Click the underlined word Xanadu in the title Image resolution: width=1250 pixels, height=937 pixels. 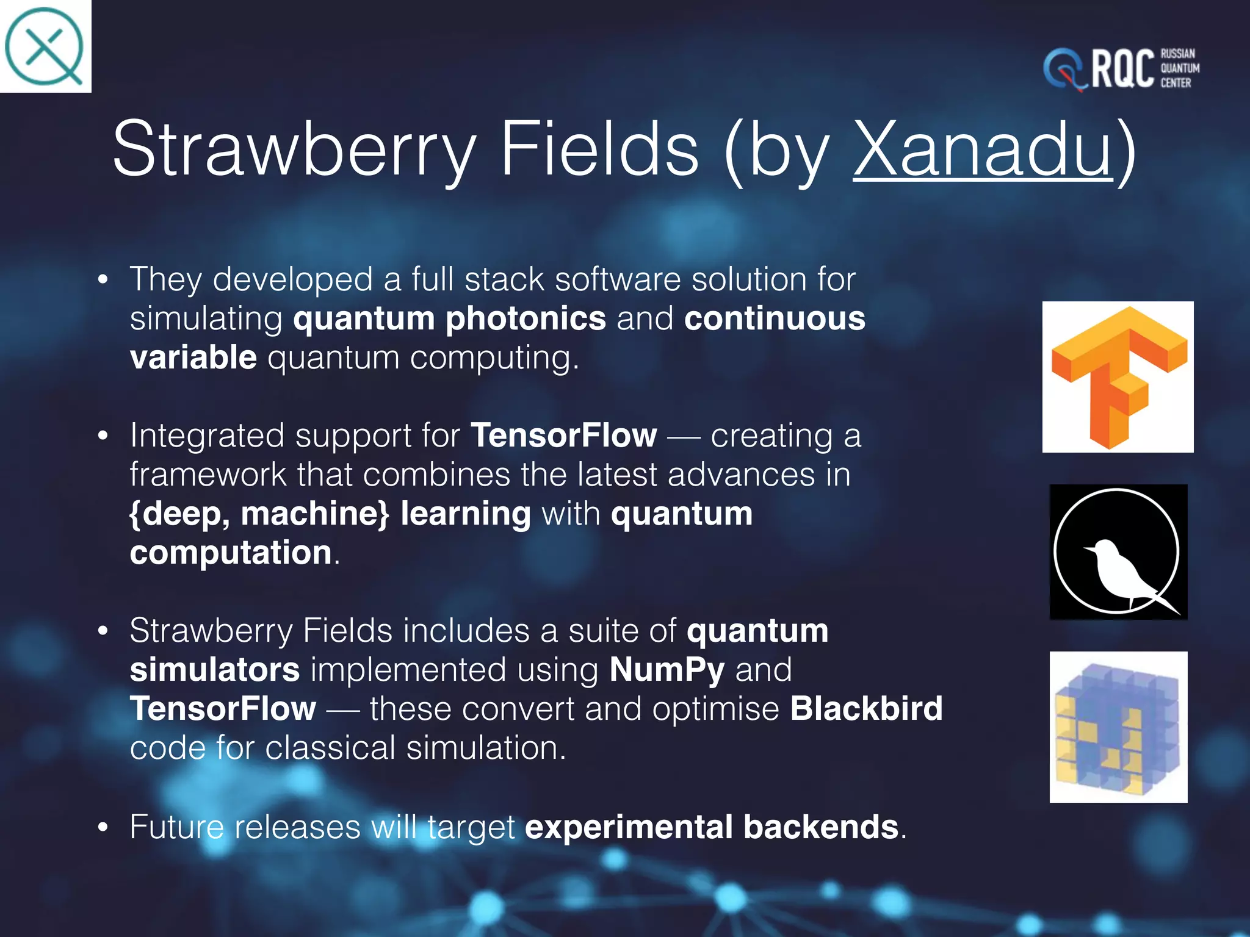coord(983,149)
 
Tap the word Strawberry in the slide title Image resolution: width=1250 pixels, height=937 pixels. coord(293,149)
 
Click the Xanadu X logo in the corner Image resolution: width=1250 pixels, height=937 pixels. coord(44,46)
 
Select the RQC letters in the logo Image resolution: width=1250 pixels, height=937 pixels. coord(1122,69)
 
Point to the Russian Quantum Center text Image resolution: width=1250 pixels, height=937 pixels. coord(1179,68)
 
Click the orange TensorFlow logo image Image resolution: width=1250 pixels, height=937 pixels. coord(1118,377)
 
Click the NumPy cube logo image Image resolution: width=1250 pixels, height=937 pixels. coord(1118,727)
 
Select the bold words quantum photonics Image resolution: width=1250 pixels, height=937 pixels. coord(449,318)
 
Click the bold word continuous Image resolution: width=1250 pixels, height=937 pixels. coord(775,318)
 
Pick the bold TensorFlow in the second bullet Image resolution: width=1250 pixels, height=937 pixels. coord(564,436)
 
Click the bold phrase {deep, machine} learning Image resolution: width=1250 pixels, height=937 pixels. coord(330,514)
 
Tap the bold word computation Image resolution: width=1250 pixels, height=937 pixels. coord(231,553)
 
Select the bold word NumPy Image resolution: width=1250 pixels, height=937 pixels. coord(667,670)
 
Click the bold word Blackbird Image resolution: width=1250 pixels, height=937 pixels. coord(866,709)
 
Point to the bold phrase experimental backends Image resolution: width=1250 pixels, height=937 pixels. coord(711,827)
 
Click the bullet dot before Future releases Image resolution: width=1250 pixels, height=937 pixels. coord(103,828)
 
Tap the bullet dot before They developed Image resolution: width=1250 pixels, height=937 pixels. coord(103,280)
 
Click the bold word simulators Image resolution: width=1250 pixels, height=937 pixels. coord(215,670)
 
